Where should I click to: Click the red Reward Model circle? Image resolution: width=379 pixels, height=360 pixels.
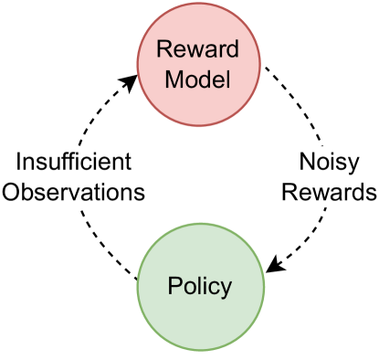pyautogui.click(x=200, y=66)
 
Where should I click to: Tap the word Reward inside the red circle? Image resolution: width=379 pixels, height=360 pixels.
pyautogui.click(x=201, y=51)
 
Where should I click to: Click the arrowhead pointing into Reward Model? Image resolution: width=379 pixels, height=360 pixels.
pyautogui.click(x=131, y=83)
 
